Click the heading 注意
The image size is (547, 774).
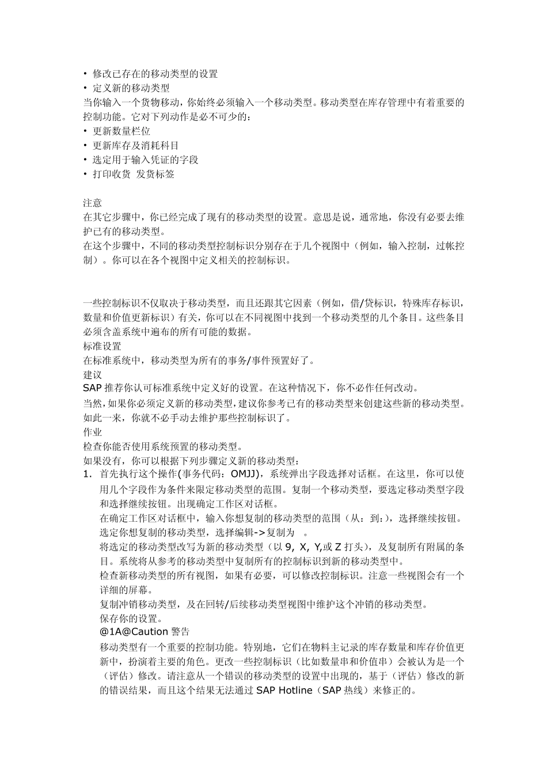point(92,203)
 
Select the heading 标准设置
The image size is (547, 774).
point(102,347)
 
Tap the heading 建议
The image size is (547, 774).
point(92,375)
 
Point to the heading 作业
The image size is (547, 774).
point(92,432)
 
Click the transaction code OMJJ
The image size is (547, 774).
point(246,475)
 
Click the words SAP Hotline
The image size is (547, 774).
point(284,690)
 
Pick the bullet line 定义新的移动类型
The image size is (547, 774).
point(131,88)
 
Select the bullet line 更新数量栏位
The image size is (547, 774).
point(121,131)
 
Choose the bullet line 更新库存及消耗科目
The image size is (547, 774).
point(135,145)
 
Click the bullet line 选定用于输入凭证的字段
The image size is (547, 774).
point(145,160)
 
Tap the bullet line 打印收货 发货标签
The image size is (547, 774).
point(133,174)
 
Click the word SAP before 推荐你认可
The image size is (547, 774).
point(92,388)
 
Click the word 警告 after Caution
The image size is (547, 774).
point(180,632)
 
